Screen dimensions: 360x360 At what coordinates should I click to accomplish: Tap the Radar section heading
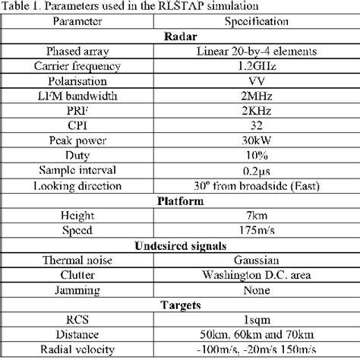180,37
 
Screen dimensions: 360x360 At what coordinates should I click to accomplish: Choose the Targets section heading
179,304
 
